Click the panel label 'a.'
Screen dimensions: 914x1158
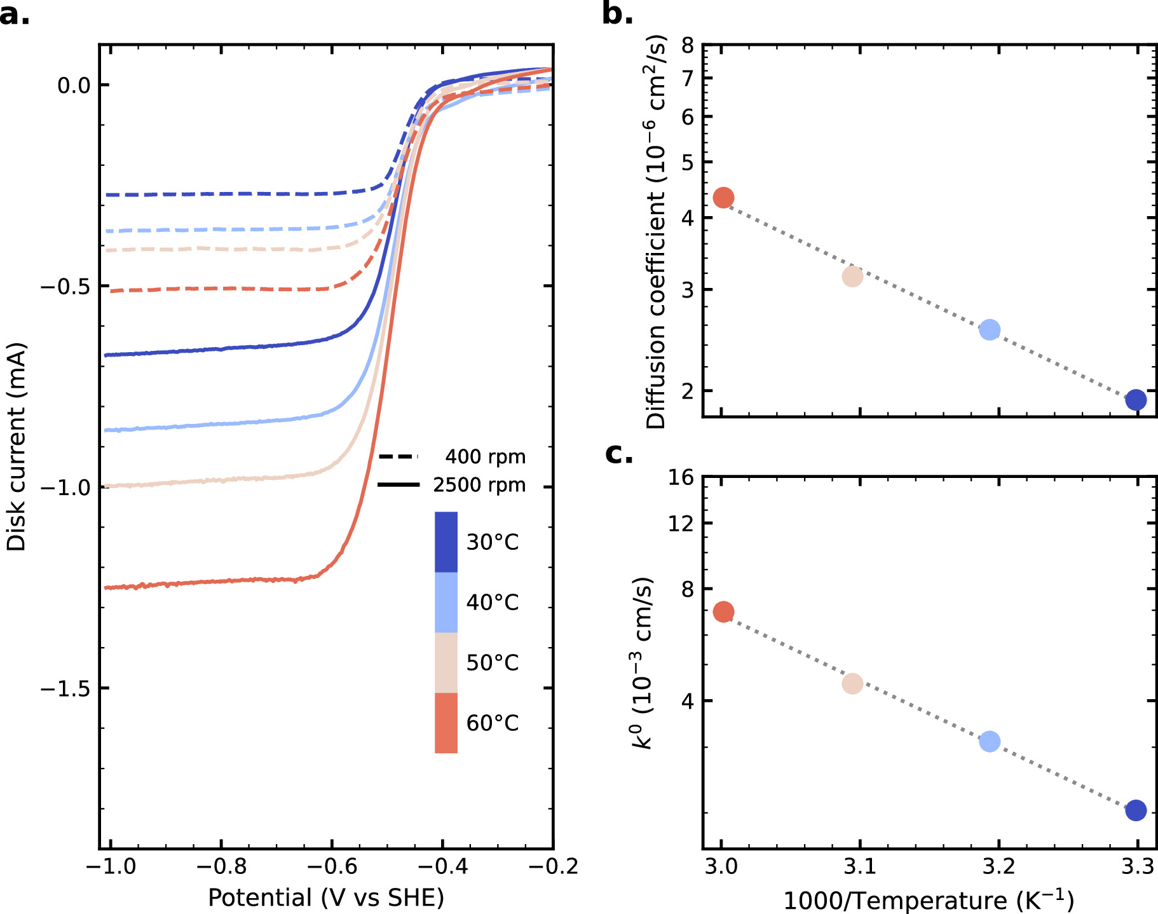pyautogui.click(x=14, y=14)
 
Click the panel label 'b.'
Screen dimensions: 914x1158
pyautogui.click(x=617, y=14)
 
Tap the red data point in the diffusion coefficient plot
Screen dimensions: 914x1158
pyautogui.click(x=723, y=198)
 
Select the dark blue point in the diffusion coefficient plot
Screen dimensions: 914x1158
pyautogui.click(x=1136, y=400)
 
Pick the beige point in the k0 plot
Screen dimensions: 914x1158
pyautogui.click(x=852, y=684)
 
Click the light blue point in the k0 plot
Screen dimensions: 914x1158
pyautogui.click(x=990, y=741)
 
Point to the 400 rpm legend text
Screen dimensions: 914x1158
pyautogui.click(x=485, y=457)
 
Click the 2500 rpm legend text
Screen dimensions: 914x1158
pyautogui.click(x=479, y=485)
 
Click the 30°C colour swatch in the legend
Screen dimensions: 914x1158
pyautogui.click(x=446, y=542)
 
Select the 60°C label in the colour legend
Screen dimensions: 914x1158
pyautogui.click(x=492, y=723)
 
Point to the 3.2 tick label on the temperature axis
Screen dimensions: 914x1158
pyautogui.click(x=998, y=866)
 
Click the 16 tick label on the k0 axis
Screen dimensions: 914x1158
pyautogui.click(x=681, y=477)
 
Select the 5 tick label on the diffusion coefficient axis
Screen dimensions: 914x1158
pyautogui.click(x=688, y=163)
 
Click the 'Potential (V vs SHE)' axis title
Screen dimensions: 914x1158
pyautogui.click(x=326, y=898)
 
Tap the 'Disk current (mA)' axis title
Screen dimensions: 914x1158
pyautogui.click(x=16, y=447)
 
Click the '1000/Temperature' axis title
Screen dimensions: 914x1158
pyautogui.click(x=929, y=900)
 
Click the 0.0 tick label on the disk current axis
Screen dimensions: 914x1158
pyautogui.click(x=74, y=85)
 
